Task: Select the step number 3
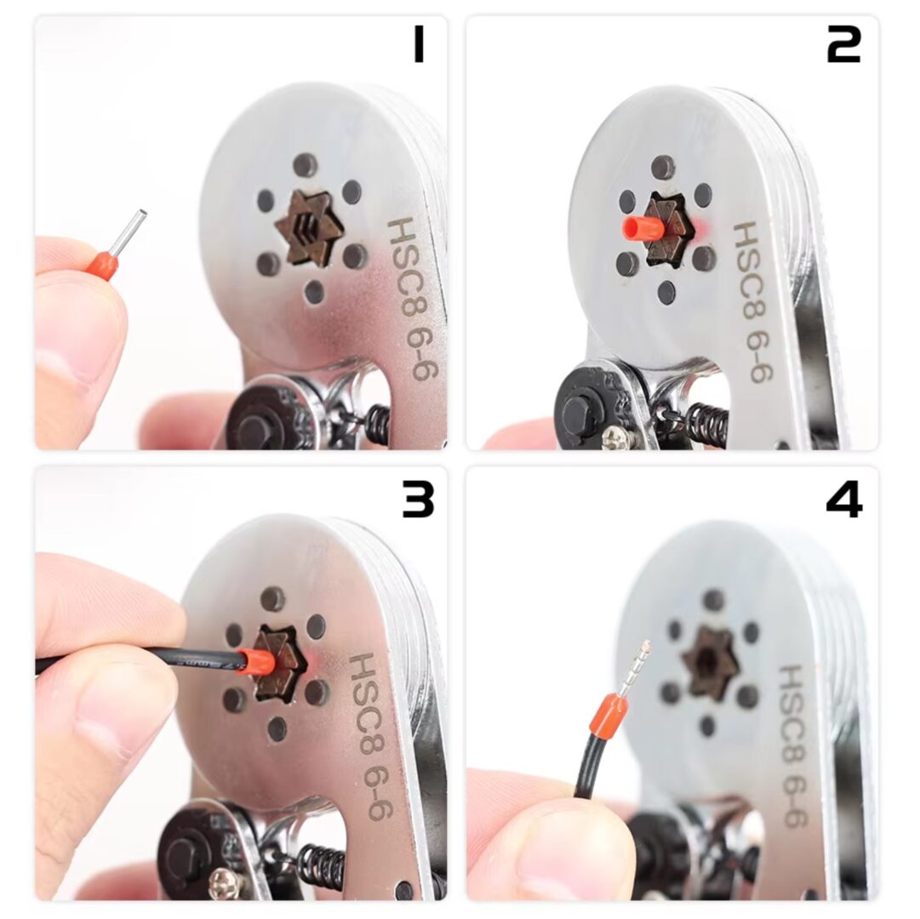point(418,499)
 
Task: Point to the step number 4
point(844,499)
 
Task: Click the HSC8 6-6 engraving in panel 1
point(414,298)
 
